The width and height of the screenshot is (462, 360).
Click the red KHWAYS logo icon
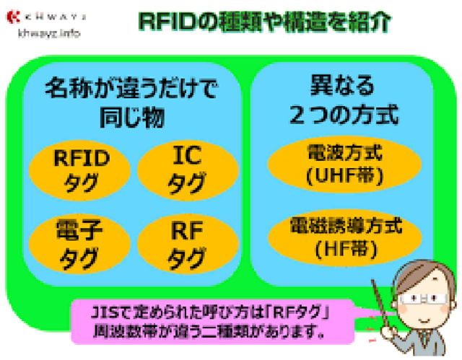click(13, 17)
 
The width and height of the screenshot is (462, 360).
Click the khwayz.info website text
click(49, 33)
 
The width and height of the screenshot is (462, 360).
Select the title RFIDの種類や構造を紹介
click(264, 22)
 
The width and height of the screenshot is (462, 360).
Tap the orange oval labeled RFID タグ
click(80, 170)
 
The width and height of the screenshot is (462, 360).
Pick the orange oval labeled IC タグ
click(188, 170)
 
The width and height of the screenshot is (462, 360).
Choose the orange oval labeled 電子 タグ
click(80, 244)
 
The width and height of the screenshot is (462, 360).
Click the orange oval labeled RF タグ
click(188, 244)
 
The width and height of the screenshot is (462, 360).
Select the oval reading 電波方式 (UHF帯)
click(344, 164)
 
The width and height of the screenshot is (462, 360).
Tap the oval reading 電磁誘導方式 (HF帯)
click(345, 238)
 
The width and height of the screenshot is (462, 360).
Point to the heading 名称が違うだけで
click(131, 88)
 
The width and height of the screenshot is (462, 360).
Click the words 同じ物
click(131, 117)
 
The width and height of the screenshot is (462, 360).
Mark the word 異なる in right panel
click(342, 85)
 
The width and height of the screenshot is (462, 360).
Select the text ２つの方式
click(344, 115)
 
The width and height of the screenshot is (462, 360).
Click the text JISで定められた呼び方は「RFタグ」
click(210, 312)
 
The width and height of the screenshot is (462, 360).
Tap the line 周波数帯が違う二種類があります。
click(209, 331)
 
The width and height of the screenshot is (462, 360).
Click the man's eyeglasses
click(423, 299)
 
